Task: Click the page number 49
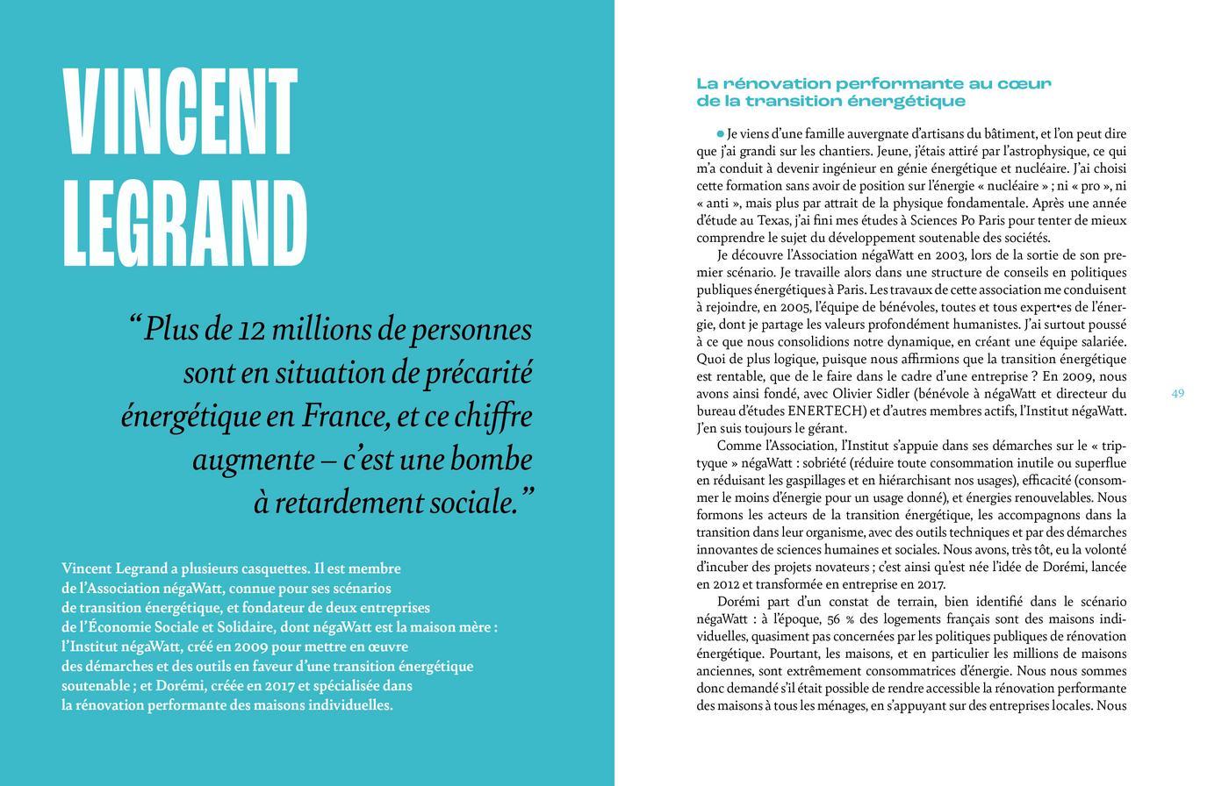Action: pyautogui.click(x=1177, y=393)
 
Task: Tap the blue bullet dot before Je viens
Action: pyautogui.click(x=721, y=133)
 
